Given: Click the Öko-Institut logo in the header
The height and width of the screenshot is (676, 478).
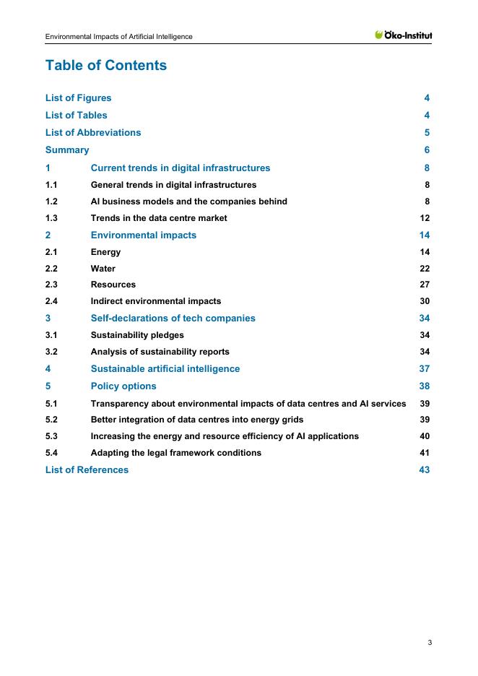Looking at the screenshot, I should point(404,35).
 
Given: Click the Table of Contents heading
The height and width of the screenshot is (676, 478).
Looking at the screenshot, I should point(105,66).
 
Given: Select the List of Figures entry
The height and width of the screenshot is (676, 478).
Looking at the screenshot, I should point(78,98).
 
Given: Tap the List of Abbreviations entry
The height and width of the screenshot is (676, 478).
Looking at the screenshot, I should point(93,133).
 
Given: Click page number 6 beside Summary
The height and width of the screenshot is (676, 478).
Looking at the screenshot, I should point(427,150).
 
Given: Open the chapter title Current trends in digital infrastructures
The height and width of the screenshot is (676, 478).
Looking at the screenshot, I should point(180,168).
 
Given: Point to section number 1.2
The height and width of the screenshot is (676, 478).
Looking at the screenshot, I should point(51,202).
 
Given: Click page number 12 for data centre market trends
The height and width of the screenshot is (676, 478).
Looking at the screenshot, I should point(425,219).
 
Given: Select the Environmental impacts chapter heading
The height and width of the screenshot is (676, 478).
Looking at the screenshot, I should point(143,235).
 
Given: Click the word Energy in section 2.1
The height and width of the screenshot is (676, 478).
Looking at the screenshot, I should point(105,252).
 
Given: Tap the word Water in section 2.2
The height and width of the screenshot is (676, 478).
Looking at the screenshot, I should point(103,269).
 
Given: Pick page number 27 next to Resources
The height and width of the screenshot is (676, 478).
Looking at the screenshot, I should point(425,285).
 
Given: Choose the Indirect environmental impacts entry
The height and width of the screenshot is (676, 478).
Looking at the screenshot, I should point(155,302).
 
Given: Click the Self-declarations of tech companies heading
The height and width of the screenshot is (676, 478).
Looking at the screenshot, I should point(173,318).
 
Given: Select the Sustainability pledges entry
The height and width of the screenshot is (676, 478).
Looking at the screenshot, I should point(137,335).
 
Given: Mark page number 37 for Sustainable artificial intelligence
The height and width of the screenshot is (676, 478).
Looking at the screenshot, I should point(425,369).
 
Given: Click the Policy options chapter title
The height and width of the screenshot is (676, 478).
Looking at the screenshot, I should point(123,386).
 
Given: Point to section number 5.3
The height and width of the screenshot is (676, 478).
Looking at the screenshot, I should point(51,436).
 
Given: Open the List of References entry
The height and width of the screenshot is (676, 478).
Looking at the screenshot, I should point(87,470).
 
